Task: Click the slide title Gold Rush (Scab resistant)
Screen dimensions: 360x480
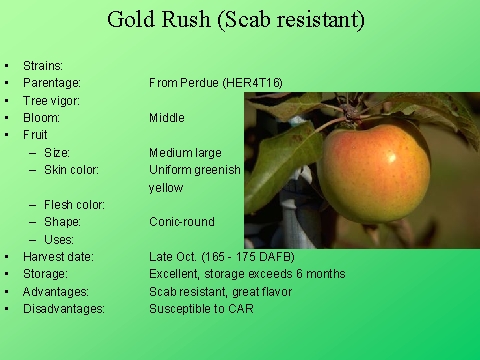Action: click(235, 20)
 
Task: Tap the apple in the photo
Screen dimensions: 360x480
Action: click(372, 171)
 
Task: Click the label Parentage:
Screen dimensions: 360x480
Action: click(52, 82)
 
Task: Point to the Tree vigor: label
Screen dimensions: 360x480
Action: click(51, 100)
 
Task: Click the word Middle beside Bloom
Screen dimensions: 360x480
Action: click(166, 118)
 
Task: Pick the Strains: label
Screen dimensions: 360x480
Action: click(43, 65)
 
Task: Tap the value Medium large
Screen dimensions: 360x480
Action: click(185, 153)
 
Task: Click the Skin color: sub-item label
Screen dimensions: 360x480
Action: click(77, 170)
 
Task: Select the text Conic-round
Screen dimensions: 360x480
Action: click(182, 222)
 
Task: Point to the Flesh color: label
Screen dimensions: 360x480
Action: click(79, 205)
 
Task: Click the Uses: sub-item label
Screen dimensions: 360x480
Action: click(61, 239)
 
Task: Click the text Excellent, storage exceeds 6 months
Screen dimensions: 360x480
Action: click(247, 274)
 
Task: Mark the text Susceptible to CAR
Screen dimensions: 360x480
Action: click(201, 309)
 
